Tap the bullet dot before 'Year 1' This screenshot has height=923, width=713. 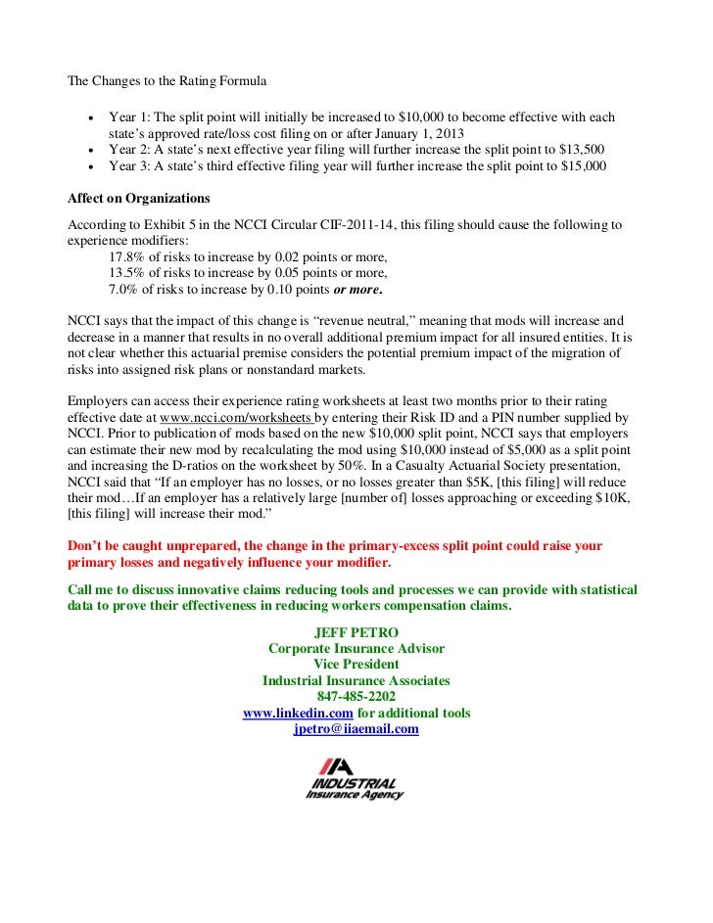point(90,117)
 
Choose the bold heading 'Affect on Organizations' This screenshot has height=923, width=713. point(131,197)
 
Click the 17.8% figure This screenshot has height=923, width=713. point(127,256)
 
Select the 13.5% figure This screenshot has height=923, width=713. point(127,273)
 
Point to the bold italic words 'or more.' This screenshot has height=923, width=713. point(358,290)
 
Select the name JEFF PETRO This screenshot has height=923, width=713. point(356,632)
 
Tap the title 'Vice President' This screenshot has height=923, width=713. point(356,664)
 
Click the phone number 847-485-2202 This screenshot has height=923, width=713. point(356,696)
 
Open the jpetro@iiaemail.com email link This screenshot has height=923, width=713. point(356,728)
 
